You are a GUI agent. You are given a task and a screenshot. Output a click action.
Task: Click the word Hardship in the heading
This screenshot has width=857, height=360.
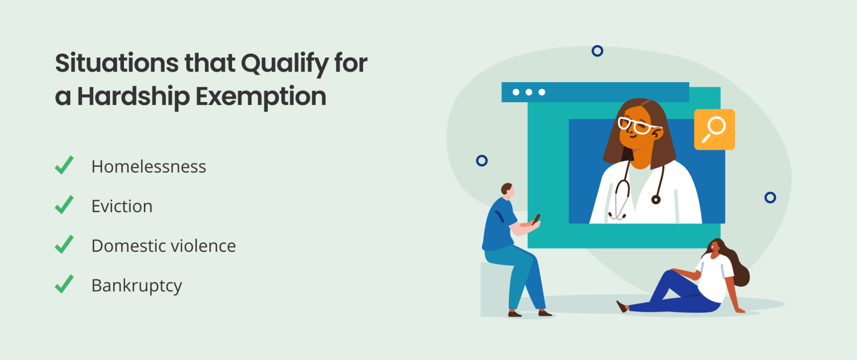[133, 97]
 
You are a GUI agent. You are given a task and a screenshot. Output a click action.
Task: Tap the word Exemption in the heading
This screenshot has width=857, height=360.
[261, 97]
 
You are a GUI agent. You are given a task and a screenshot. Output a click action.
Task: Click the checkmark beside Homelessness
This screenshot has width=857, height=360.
[64, 165]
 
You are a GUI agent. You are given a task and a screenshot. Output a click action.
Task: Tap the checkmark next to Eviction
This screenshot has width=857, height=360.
[64, 205]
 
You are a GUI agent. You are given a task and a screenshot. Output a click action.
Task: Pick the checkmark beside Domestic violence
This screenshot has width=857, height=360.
[64, 244]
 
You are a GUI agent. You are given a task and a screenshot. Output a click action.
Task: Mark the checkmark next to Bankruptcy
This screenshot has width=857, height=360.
[64, 284]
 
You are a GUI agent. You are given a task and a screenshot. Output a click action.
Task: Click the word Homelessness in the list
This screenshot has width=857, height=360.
[148, 166]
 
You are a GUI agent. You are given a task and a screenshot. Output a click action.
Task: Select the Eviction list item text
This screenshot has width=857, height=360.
[122, 206]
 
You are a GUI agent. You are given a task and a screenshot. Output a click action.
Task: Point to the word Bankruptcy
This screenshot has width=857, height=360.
[137, 286]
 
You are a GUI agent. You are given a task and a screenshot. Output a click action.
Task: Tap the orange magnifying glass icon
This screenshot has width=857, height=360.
[714, 129]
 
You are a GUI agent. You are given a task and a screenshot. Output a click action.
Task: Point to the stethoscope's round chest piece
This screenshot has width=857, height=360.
[656, 199]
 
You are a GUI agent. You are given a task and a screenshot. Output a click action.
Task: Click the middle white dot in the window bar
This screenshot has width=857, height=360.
[529, 92]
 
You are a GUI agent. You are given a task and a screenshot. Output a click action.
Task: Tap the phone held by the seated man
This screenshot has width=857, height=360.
[536, 219]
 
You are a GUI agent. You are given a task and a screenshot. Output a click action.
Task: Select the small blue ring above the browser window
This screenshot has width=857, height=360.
[597, 51]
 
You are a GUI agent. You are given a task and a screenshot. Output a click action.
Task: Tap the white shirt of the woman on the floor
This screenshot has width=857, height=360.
[715, 277]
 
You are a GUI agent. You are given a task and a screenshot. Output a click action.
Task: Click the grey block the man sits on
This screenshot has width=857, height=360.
[495, 290]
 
